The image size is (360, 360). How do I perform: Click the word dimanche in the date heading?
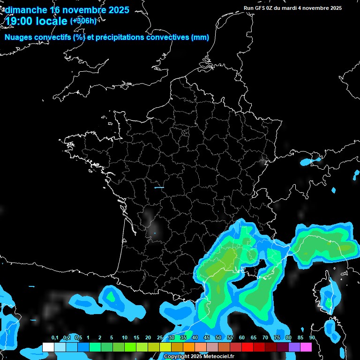tap(26, 10)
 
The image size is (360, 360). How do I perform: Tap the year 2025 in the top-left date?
tap(117, 10)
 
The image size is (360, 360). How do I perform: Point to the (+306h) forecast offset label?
tap(83, 21)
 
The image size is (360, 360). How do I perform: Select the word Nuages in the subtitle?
tap(19, 37)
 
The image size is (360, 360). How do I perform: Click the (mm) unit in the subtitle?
tap(200, 37)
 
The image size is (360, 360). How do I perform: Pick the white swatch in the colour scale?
tap(48, 347)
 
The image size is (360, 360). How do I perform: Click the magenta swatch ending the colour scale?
tap(306, 347)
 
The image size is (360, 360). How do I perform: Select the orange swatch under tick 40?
tap(189, 347)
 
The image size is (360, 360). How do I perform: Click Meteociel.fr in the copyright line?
tap(219, 357)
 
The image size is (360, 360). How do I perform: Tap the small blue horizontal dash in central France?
tap(159, 187)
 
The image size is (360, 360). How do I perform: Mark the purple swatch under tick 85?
tap(294, 347)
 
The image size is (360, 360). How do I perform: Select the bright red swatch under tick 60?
tap(247, 347)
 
